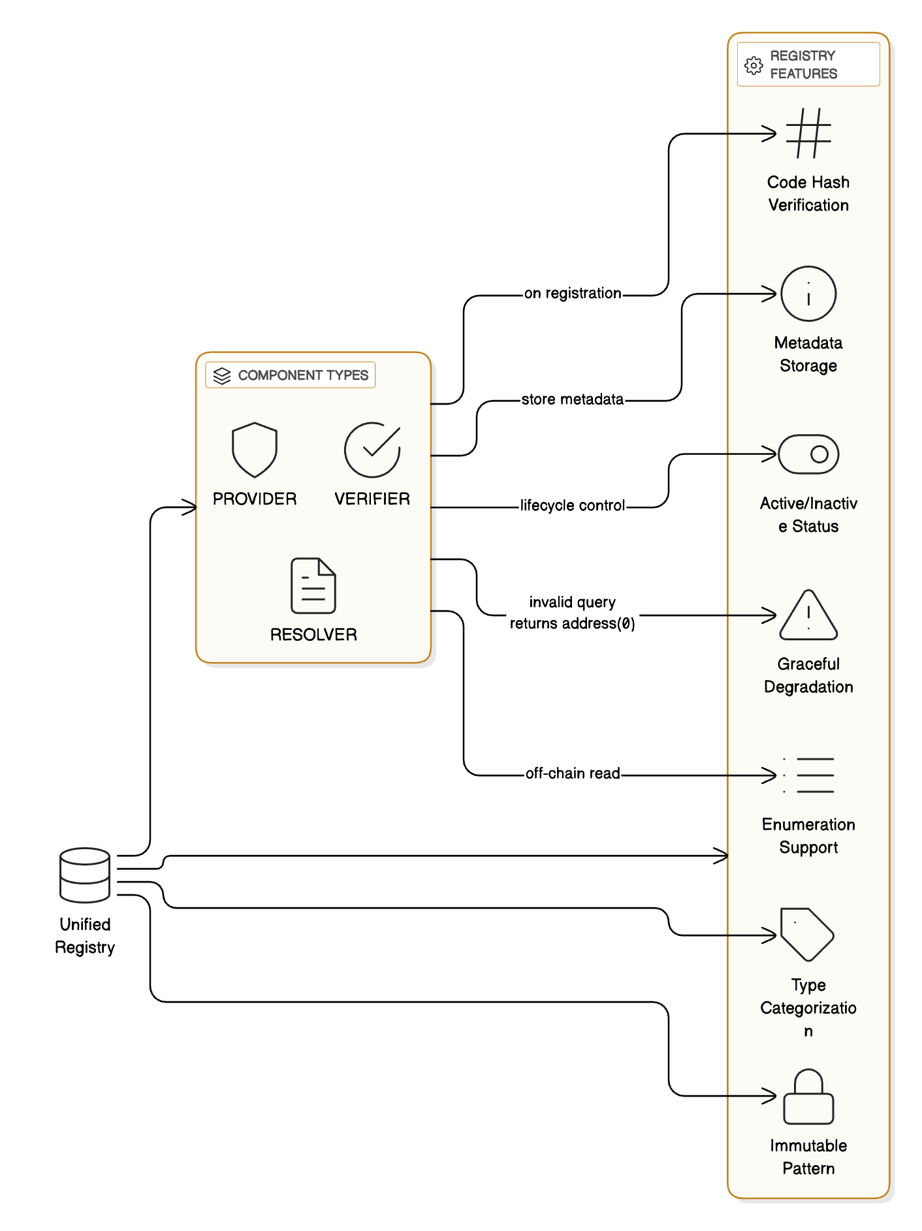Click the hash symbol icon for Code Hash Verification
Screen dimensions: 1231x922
point(808,133)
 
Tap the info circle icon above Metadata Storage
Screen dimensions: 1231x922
point(808,294)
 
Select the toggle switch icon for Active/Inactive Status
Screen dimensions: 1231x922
point(808,454)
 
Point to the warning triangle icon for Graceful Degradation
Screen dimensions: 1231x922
point(808,615)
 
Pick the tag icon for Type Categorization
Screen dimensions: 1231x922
point(807,935)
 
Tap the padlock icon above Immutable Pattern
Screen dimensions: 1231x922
point(808,1097)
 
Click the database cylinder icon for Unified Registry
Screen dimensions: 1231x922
point(85,875)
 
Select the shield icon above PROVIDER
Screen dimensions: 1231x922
point(255,450)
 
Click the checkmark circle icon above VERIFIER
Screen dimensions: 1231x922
point(372,450)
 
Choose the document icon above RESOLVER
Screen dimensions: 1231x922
point(313,585)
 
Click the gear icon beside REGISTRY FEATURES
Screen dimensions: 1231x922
point(754,65)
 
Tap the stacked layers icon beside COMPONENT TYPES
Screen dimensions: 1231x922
point(222,376)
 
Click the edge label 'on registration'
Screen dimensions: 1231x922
point(573,294)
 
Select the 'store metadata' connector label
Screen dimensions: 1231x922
point(573,399)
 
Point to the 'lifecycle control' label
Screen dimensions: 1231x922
point(573,506)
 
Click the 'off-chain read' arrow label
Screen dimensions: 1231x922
point(573,773)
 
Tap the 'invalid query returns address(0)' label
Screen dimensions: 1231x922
point(573,613)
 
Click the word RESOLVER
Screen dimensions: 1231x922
point(313,634)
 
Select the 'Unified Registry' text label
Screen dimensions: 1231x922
point(85,936)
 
